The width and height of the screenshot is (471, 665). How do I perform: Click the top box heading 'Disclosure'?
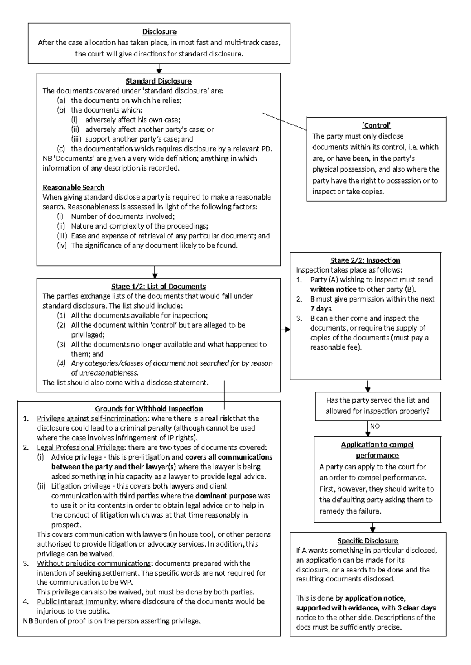(x=159, y=32)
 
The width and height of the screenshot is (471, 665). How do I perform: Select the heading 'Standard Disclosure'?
(x=159, y=81)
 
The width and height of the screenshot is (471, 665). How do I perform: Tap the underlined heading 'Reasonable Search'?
(x=73, y=187)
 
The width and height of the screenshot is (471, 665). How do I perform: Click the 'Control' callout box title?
(x=376, y=125)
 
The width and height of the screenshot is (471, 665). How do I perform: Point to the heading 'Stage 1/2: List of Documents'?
(x=159, y=287)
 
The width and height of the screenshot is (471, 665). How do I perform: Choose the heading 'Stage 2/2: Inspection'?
(x=365, y=260)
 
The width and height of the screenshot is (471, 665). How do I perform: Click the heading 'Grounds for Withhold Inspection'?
(x=149, y=409)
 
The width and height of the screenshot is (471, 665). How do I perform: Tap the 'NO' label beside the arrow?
(x=375, y=426)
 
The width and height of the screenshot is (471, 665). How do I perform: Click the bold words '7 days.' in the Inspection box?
(x=321, y=309)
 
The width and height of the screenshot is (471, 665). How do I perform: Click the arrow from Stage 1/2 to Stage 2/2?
(x=285, y=329)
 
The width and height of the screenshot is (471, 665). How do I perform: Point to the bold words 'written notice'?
(x=333, y=289)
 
